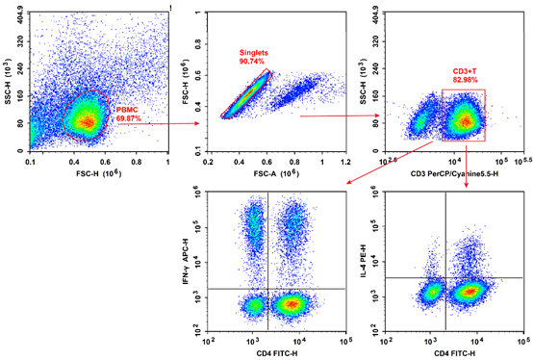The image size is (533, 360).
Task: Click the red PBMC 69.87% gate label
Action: (131, 116)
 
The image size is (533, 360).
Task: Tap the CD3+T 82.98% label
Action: (467, 77)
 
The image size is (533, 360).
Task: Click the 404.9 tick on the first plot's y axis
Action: (19, 12)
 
